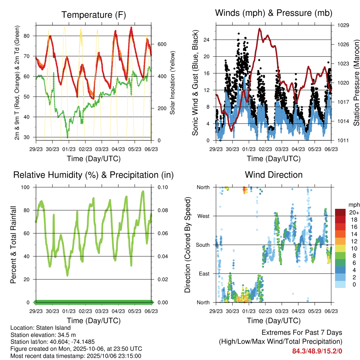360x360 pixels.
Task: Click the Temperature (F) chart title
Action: [94, 15]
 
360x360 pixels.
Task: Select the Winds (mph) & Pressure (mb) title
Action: [274, 13]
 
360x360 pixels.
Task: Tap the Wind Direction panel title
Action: [274, 175]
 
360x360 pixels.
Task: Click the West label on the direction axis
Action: [203, 216]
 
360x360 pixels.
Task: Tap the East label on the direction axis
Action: [204, 274]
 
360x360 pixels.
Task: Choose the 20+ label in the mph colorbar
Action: [353, 212]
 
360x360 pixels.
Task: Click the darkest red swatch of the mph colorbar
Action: [340, 212]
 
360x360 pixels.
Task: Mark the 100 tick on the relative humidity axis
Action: [26, 187]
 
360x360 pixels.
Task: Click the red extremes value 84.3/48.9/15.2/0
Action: [317, 351]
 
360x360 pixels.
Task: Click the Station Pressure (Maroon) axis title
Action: [356, 83]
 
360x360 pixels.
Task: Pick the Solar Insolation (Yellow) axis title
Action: [173, 83]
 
